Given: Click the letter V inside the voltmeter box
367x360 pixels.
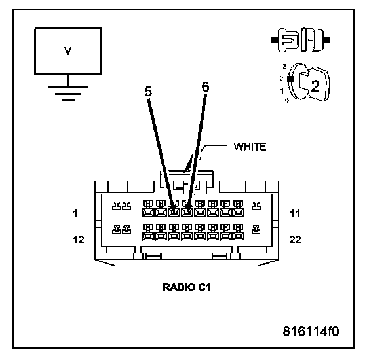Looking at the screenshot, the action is pyautogui.click(x=68, y=51).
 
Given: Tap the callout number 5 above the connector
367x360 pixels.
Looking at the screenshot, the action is pyautogui.click(x=148, y=92).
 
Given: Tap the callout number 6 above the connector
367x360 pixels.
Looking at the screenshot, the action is pyautogui.click(x=205, y=87).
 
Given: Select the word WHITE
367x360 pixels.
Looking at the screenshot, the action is pyautogui.click(x=250, y=147).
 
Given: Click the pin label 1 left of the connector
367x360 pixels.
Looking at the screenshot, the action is pyautogui.click(x=75, y=213).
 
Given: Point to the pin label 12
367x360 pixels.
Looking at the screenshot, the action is pyautogui.click(x=79, y=240).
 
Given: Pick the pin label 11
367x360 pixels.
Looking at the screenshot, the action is pyautogui.click(x=295, y=213).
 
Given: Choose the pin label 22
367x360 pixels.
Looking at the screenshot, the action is pyautogui.click(x=295, y=240).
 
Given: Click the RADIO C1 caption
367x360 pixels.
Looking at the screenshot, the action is pyautogui.click(x=187, y=287).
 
